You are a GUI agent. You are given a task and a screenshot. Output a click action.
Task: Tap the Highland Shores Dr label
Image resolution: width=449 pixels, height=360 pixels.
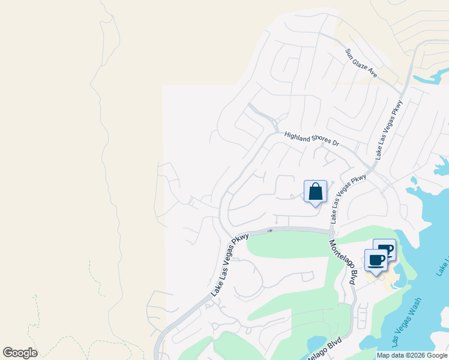coord(312,138)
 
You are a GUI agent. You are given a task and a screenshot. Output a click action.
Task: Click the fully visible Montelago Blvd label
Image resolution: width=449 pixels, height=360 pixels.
coord(343,262)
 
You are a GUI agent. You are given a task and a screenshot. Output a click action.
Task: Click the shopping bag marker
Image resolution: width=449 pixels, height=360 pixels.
coord(316,193)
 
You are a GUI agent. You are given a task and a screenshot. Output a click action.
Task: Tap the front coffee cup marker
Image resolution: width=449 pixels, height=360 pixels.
coord(376,261)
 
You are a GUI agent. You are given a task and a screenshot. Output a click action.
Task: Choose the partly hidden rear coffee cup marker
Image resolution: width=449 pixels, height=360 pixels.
coord(387,247)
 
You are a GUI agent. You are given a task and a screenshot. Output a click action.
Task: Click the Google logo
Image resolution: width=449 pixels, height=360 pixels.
coord(20,353)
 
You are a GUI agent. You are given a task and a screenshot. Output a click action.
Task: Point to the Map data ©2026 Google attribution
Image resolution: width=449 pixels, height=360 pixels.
coord(412,355)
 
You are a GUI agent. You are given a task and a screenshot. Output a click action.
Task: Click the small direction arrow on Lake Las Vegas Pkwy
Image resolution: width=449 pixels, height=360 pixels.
coord(270,230)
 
